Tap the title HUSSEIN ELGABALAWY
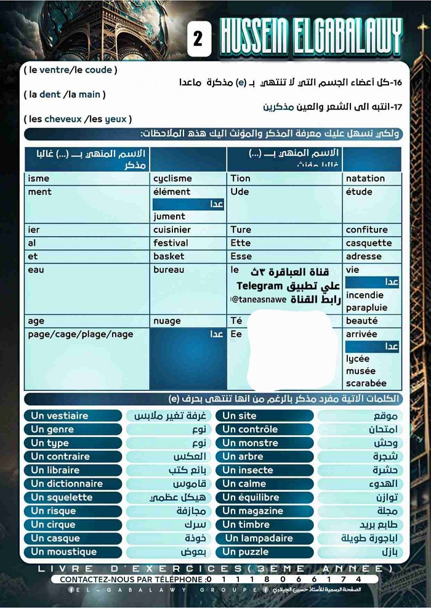310,38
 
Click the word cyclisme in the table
172,178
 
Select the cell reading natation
365,178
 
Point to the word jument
169,216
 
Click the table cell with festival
171,243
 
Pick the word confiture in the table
366,230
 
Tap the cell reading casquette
368,243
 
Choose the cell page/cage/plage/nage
80,334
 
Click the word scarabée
366,383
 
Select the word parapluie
367,307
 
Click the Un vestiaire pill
60,416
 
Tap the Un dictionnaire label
67,484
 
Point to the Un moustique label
64,551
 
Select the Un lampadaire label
258,538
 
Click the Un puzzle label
246,551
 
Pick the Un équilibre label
251,497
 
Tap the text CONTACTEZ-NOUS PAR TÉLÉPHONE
132,579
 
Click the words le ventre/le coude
70,70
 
